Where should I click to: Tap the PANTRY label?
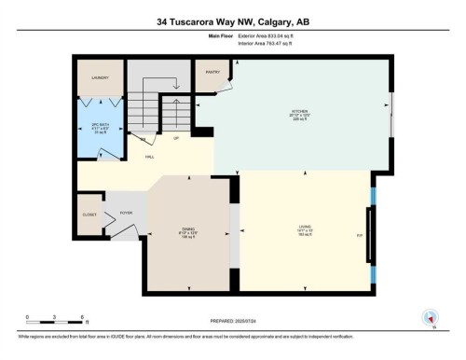tap(211, 70)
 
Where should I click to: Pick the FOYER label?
tap(126, 212)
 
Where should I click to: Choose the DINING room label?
tap(188, 232)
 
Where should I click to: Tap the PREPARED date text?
tap(233, 319)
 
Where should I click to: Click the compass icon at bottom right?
tap(430, 317)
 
